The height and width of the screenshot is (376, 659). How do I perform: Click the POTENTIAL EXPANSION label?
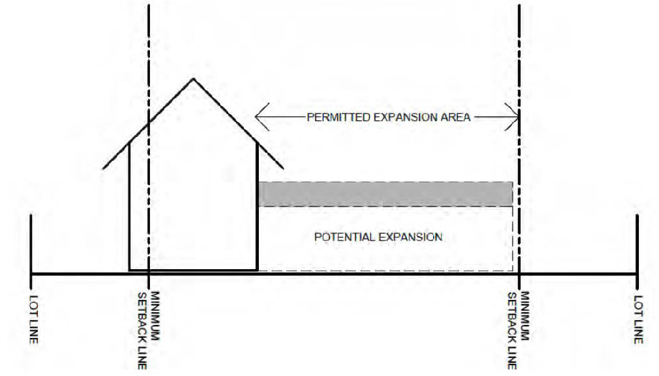click(x=378, y=236)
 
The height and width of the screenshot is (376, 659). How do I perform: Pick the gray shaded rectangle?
click(x=385, y=194)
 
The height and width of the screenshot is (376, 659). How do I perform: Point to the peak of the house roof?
click(x=192, y=77)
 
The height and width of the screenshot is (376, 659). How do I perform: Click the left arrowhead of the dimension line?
click(x=259, y=117)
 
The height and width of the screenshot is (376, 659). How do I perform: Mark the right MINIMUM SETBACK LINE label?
click(x=519, y=330)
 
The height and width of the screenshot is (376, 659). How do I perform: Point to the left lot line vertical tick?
click(x=31, y=244)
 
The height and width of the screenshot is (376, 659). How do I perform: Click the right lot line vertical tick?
click(x=637, y=244)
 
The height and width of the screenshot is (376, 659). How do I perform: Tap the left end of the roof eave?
click(x=105, y=169)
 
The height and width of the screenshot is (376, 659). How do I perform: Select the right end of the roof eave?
click(x=282, y=169)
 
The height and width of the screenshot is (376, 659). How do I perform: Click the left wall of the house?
click(x=129, y=208)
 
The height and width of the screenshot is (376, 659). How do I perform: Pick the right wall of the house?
click(x=257, y=208)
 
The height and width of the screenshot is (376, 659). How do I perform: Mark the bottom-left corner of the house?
click(x=130, y=270)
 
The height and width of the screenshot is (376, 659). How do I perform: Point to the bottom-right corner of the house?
click(x=257, y=270)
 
